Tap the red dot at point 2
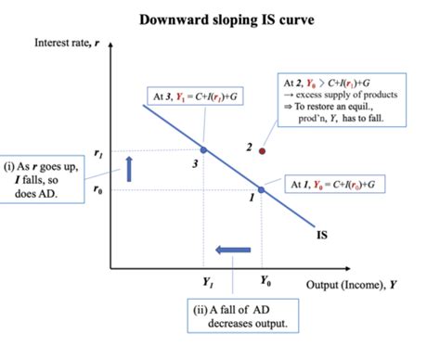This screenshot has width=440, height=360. tap(263, 150)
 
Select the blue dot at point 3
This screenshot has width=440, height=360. tap(202, 148)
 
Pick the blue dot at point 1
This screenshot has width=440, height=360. tap(261, 188)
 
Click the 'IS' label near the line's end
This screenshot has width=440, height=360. tap(322, 236)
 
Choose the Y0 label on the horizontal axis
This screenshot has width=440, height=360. tap(265, 280)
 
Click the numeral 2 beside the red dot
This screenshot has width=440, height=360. tap(250, 147)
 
